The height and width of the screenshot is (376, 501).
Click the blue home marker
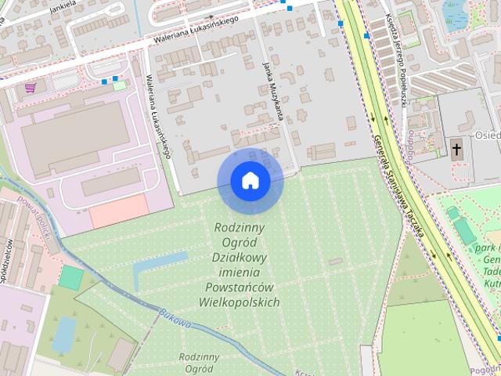[x=250, y=180]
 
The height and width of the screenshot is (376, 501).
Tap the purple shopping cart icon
[x=31, y=88]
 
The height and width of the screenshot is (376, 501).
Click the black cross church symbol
[x=456, y=148]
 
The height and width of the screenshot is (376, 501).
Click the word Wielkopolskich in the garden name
[x=240, y=302]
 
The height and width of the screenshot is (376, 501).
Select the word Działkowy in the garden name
[x=240, y=257]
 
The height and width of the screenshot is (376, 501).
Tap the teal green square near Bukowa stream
[x=71, y=277]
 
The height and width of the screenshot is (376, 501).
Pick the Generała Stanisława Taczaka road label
[x=398, y=184]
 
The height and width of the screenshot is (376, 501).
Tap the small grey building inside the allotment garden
[x=335, y=261]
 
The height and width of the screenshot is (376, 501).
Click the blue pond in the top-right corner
[x=455, y=13]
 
